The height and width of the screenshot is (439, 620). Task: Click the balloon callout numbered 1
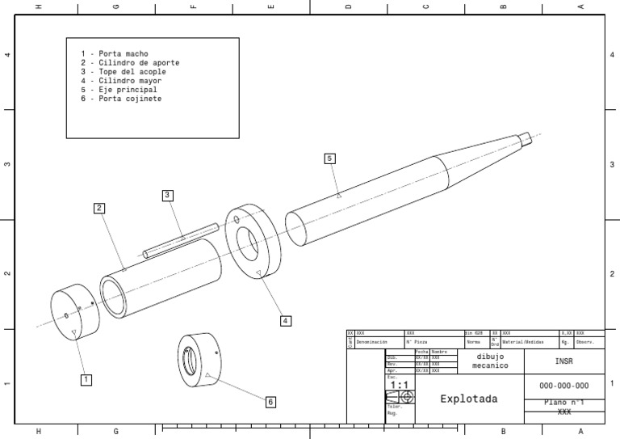point(86,378)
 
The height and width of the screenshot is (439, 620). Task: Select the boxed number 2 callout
point(98,208)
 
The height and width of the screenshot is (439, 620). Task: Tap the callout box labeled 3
point(167,195)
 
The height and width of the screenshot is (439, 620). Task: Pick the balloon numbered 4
point(285,321)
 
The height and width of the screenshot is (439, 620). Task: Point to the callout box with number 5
point(329,158)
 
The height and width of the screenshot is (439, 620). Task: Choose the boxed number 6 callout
point(270,402)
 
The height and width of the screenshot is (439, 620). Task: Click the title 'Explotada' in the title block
point(468,399)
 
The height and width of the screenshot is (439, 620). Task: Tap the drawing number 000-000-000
point(563,386)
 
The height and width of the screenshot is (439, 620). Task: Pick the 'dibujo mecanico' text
point(489,361)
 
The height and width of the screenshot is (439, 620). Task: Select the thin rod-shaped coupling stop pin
point(181,239)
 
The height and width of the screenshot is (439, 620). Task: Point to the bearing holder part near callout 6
point(199,360)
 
